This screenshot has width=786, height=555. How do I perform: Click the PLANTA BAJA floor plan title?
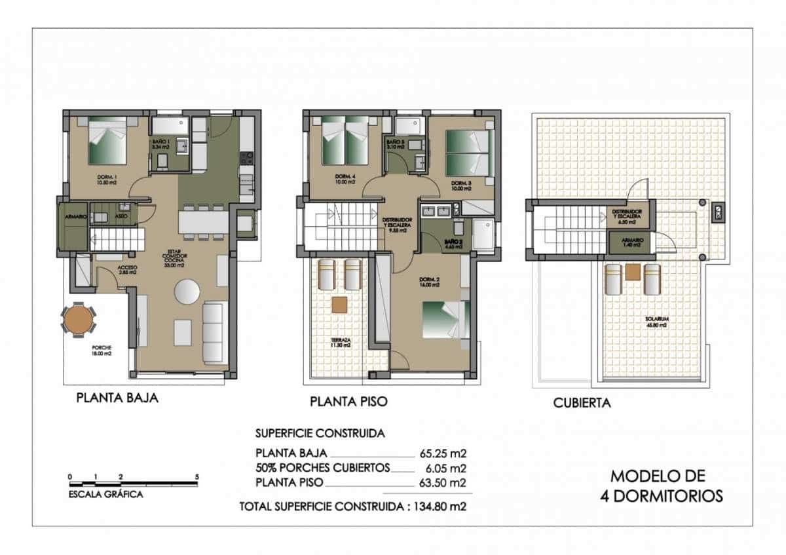point(117,398)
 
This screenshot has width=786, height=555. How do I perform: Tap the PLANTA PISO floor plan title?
point(348,401)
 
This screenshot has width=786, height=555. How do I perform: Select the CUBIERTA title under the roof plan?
point(582,403)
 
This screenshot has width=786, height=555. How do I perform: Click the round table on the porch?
point(78,320)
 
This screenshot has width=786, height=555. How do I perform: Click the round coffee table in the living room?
point(187,291)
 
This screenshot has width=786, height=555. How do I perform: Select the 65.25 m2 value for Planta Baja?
point(443,453)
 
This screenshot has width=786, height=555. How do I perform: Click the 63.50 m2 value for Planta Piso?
point(443,484)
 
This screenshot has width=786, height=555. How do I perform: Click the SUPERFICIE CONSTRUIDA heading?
point(320,434)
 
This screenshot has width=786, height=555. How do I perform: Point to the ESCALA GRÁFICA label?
point(105,495)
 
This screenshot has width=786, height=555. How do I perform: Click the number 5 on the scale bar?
point(196,476)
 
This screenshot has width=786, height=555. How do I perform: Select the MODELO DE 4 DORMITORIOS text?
point(661,486)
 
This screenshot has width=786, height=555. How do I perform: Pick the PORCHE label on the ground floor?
point(102,347)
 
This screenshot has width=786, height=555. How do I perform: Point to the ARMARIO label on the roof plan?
point(633,240)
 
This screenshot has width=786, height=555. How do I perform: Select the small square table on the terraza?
point(339,305)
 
